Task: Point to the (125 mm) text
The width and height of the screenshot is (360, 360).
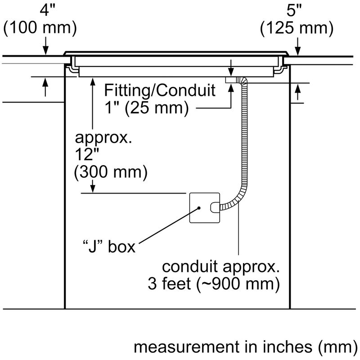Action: (x=297, y=28)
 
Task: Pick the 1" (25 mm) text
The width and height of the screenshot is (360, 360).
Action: (x=146, y=108)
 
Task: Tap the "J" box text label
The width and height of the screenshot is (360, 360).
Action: (x=108, y=247)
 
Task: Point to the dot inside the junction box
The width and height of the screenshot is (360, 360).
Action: (x=199, y=208)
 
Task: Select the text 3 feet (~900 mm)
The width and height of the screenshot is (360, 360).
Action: (x=212, y=284)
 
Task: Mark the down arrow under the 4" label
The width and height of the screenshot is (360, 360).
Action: (x=45, y=49)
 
